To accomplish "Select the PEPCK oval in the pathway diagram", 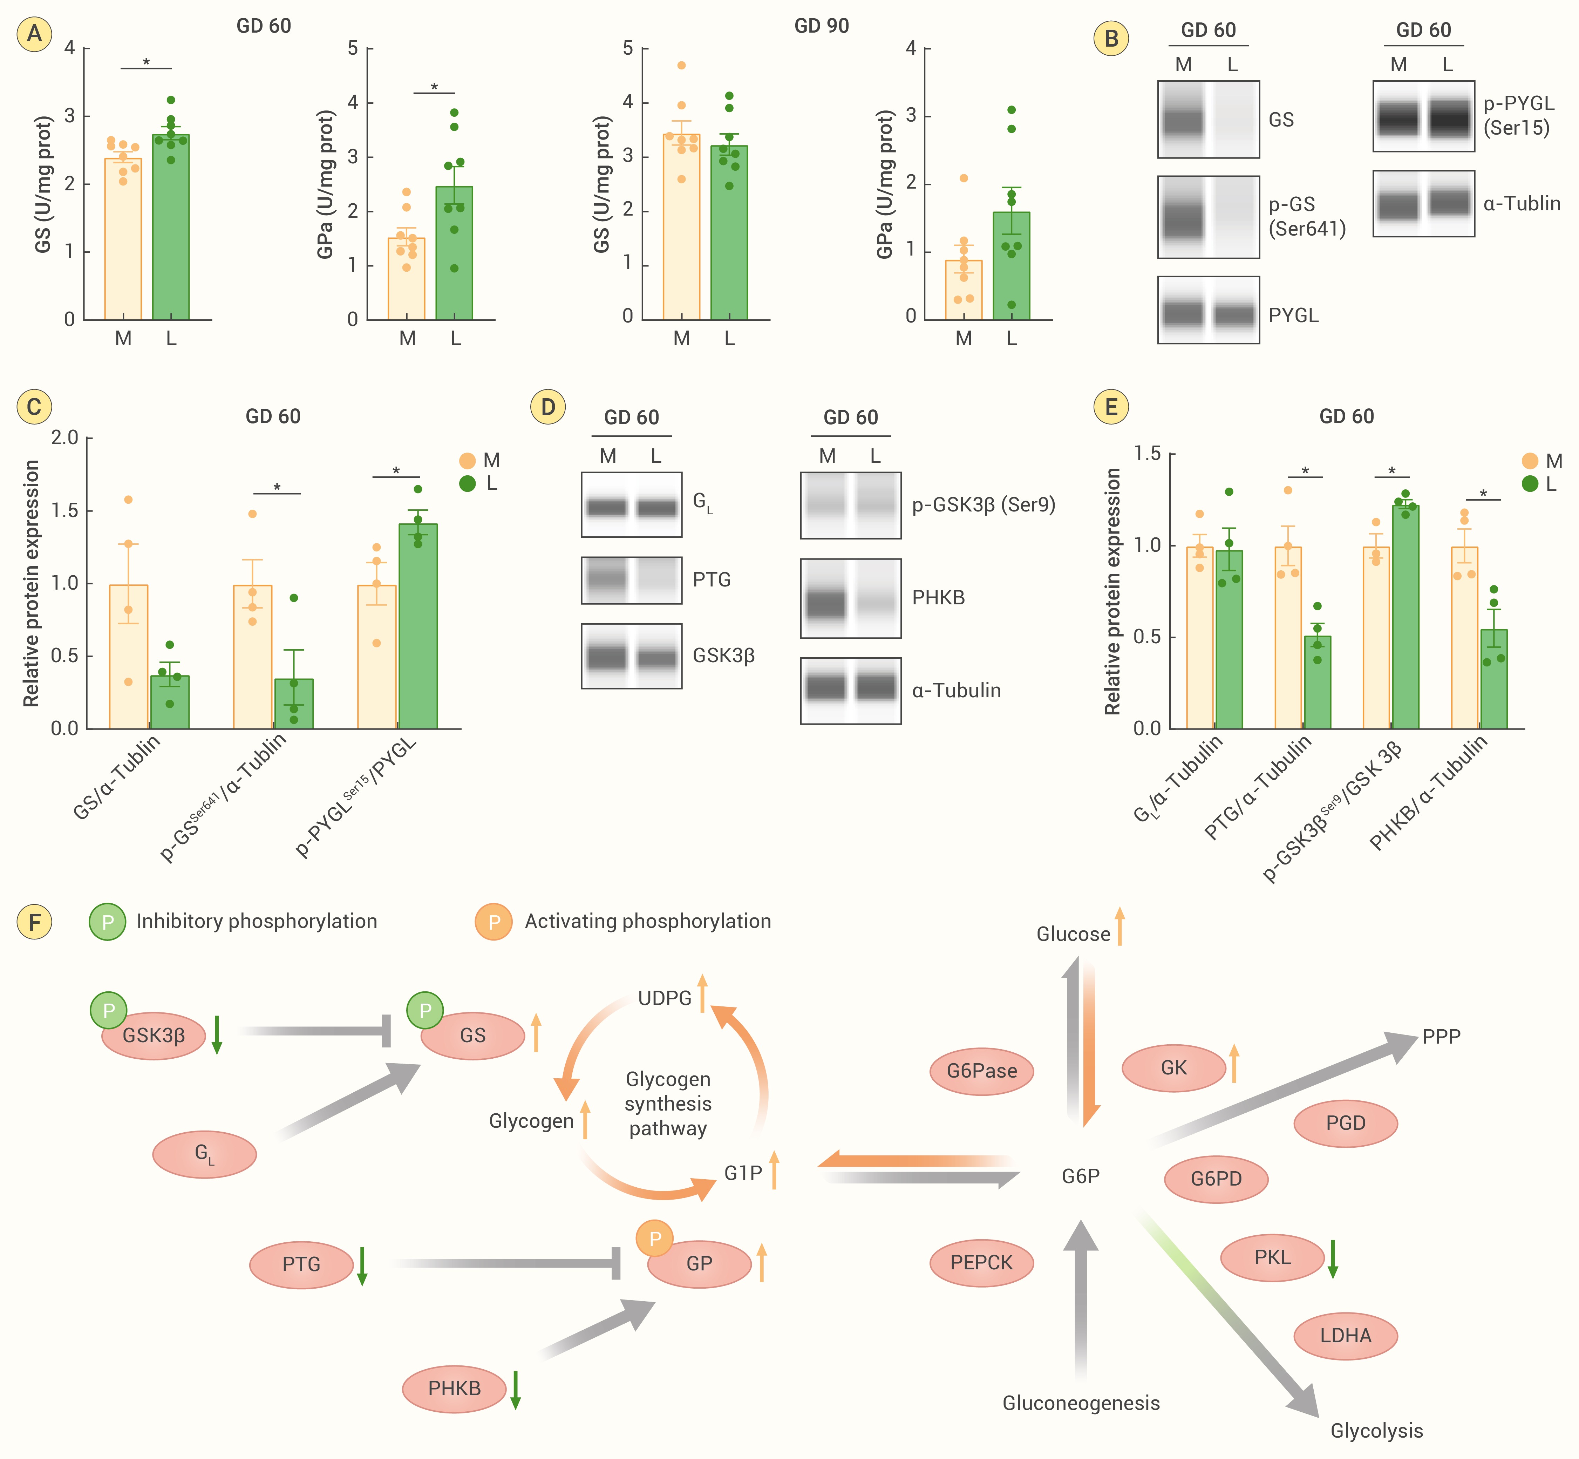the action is tap(981, 1262).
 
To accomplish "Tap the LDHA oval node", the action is tap(1345, 1335).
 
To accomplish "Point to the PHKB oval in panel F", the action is tap(454, 1388).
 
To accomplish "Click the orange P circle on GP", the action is tap(654, 1239).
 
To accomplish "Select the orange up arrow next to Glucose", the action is tap(1119, 926).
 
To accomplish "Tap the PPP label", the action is tap(1442, 1037).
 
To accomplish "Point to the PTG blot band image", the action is tap(632, 580).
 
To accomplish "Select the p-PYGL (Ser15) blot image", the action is tap(1423, 116).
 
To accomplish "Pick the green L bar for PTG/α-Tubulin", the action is tap(1317, 682).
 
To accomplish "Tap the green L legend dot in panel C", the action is tap(467, 483).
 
